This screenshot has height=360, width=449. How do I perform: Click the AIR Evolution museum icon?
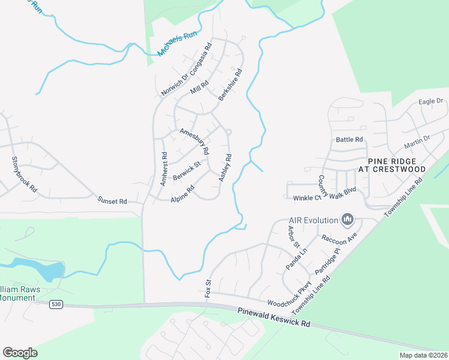(347, 220)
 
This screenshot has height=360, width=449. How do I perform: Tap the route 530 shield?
(56, 305)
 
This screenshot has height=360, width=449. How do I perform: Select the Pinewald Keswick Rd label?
(273, 317)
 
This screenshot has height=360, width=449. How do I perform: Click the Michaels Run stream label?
(178, 44)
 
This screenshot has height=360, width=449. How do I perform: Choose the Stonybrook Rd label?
(24, 174)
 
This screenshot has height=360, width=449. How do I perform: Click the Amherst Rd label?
(164, 167)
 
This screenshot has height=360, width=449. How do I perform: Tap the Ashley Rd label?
(225, 168)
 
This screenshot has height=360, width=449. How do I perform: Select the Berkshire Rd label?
(230, 85)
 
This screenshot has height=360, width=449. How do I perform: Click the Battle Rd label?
(350, 139)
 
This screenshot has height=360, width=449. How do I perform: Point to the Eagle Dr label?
(430, 101)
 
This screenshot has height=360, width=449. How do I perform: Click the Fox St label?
(209, 288)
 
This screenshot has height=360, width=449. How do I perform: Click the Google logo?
(20, 352)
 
